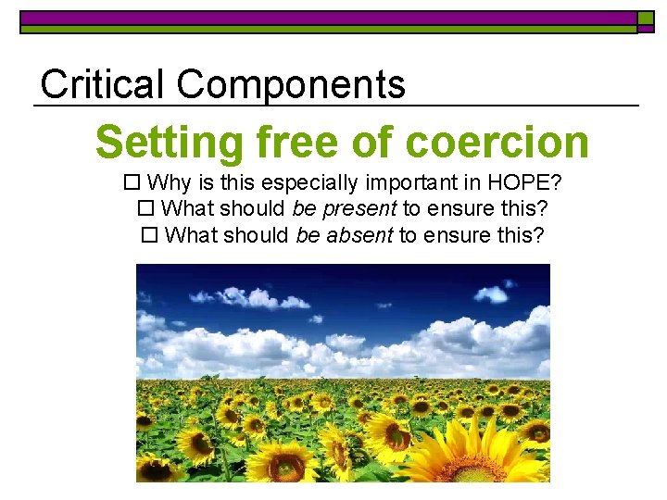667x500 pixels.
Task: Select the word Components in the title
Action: point(291,84)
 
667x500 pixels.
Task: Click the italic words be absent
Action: point(345,235)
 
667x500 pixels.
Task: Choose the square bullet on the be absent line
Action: point(147,235)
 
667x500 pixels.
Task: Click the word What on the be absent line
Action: point(191,235)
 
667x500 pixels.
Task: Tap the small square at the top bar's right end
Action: point(646,19)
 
